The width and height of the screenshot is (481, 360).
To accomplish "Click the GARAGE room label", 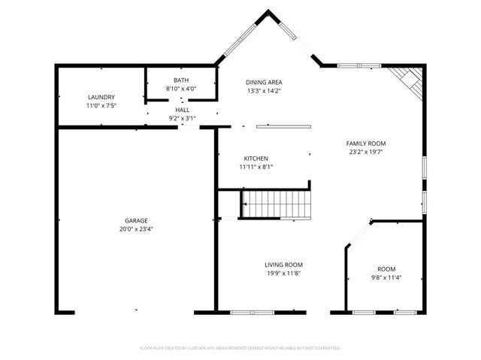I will click(136, 220).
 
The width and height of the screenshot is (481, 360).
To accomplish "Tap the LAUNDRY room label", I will click(101, 97).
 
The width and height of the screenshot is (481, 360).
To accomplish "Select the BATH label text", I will click(181, 80).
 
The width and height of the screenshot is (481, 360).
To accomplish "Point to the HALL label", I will click(183, 110).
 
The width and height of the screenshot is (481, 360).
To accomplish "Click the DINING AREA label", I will click(264, 82).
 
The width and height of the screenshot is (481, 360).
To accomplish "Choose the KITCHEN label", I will click(256, 159).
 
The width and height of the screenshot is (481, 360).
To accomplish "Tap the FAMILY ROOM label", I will click(366, 143).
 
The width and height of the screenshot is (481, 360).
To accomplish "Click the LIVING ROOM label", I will click(283, 265).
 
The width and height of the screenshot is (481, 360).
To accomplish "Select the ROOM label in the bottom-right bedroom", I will click(386, 269).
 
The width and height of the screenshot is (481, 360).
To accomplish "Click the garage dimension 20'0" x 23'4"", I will click(136, 229).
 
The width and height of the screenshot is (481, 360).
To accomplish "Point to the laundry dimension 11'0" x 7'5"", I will click(101, 106).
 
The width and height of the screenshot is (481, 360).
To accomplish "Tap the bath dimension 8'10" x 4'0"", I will click(181, 89).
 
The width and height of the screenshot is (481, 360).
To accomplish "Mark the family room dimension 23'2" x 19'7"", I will click(366, 152).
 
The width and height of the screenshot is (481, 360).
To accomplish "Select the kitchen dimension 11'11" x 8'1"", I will click(256, 168).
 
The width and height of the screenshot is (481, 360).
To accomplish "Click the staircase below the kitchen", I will click(275, 204).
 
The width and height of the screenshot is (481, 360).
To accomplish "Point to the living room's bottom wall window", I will click(252, 312).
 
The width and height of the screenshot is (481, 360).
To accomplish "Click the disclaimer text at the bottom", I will click(240, 348).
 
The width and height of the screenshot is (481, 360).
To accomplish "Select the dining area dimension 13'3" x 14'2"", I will click(264, 91).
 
